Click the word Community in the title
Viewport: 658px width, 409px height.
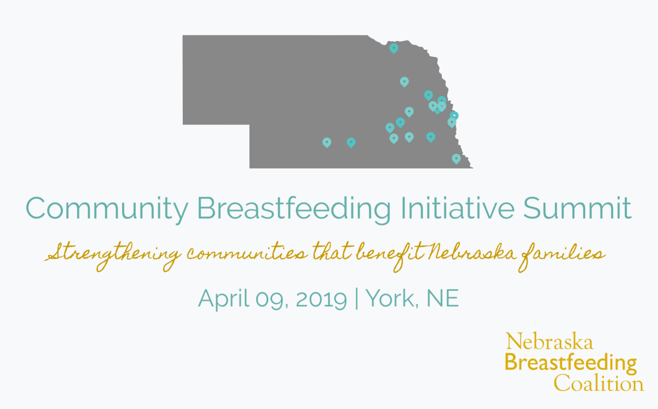coord(107,209)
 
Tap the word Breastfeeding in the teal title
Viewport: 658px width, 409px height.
coord(294,209)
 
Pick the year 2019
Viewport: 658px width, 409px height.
coord(321,299)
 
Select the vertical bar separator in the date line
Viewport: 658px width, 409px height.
coord(357,298)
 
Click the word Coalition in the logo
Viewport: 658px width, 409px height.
coord(599,383)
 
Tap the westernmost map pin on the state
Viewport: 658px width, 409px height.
coord(327,143)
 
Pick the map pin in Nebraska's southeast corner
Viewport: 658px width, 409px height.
coord(456,159)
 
